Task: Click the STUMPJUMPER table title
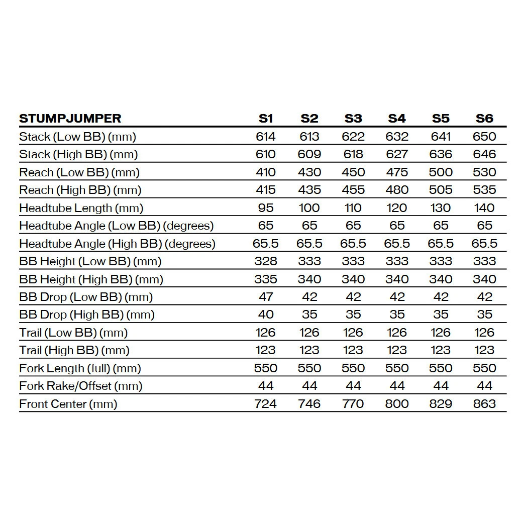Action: click(x=70, y=119)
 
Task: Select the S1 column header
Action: click(x=266, y=119)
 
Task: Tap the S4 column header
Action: click(x=397, y=119)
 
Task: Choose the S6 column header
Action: click(x=484, y=119)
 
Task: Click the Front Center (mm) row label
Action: click(x=68, y=404)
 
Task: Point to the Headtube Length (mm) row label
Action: click(x=81, y=208)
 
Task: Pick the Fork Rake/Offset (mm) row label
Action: click(x=80, y=386)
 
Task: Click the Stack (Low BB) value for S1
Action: click(x=266, y=137)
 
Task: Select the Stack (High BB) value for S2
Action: click(x=309, y=154)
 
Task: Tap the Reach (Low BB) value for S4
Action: click(x=397, y=172)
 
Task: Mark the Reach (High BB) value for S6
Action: click(x=484, y=190)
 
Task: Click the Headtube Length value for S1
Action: click(x=266, y=208)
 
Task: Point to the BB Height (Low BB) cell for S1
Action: click(x=266, y=261)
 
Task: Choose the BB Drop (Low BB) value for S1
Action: click(x=266, y=297)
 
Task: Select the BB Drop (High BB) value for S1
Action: click(x=266, y=315)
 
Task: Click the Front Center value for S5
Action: click(x=441, y=404)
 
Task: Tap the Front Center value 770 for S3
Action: click(x=353, y=404)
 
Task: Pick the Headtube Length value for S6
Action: click(x=484, y=208)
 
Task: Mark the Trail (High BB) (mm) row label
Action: click(x=74, y=350)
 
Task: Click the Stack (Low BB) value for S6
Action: click(x=484, y=137)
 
